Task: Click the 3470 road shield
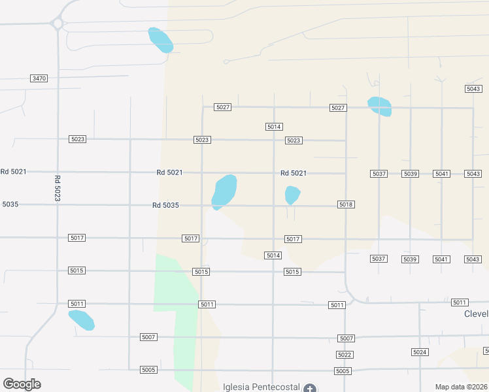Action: tap(39, 78)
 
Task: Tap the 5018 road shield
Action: tap(346, 204)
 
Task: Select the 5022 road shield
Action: tap(345, 355)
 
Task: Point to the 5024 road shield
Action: tap(420, 352)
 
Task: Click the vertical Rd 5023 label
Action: tap(58, 188)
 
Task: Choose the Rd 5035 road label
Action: tap(165, 205)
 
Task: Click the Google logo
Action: tap(22, 384)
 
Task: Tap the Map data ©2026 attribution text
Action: tap(462, 387)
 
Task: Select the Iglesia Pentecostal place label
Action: tap(260, 386)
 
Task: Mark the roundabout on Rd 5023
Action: tap(58, 24)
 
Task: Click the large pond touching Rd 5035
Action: tap(224, 191)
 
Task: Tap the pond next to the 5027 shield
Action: tap(379, 106)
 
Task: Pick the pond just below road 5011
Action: tap(81, 320)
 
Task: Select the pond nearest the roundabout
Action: tap(160, 40)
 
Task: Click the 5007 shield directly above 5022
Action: tap(346, 338)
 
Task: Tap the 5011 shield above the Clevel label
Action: tap(460, 302)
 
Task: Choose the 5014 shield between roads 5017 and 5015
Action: tap(273, 255)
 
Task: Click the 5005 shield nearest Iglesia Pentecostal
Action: tap(343, 371)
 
